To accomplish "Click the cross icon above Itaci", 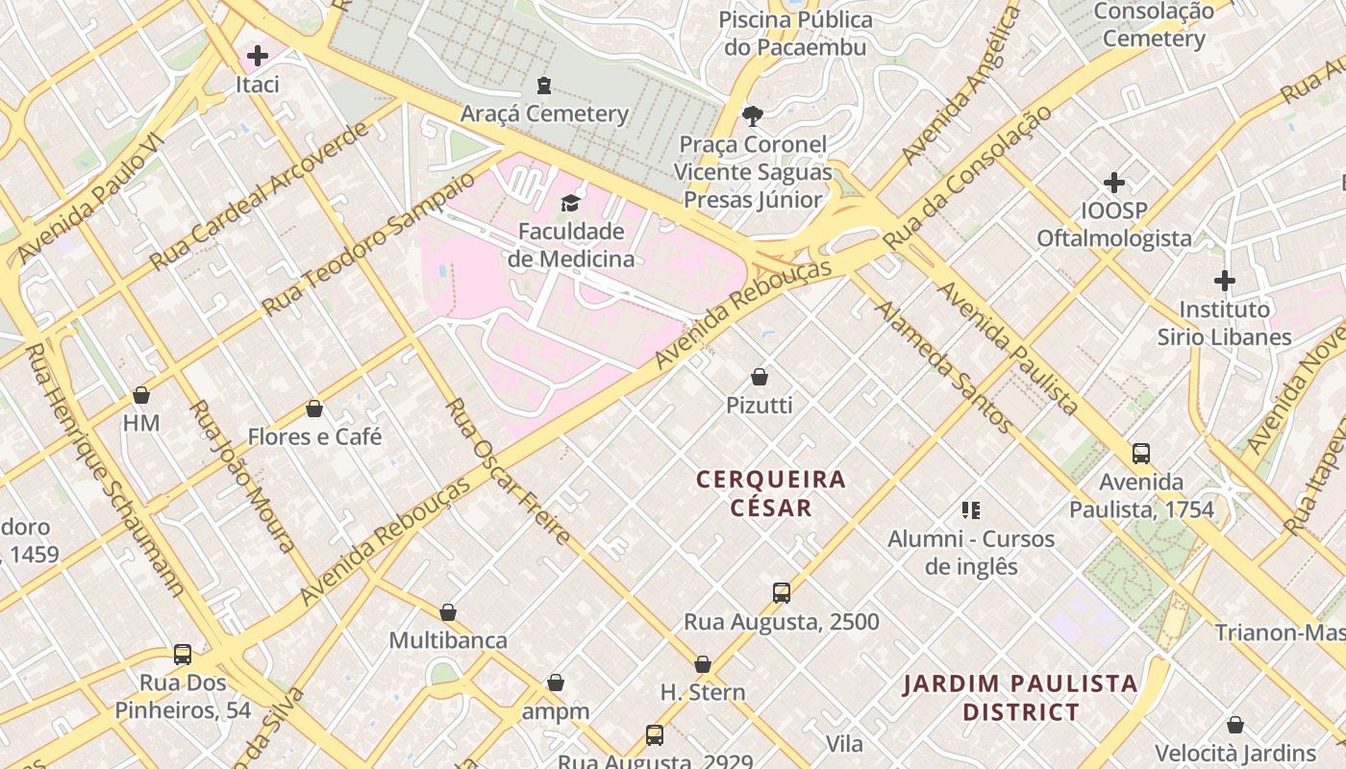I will click(x=258, y=56).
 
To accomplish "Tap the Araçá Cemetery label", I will click(x=544, y=113).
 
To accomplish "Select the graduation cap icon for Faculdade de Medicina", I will click(x=570, y=203).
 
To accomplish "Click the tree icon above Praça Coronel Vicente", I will click(x=752, y=116).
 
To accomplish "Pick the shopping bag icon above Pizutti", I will click(x=760, y=377).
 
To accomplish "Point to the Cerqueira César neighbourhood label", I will click(x=771, y=493).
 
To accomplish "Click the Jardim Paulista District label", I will click(x=1020, y=698).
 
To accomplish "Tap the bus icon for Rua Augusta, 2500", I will click(x=781, y=593).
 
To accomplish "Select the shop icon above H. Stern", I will click(x=703, y=664).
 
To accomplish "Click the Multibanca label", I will click(x=448, y=640).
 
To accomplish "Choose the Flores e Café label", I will click(x=314, y=436).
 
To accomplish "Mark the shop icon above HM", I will click(x=141, y=395).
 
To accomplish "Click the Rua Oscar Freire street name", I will click(x=509, y=472).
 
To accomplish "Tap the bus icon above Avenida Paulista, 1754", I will click(x=1141, y=453).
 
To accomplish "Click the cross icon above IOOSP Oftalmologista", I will click(x=1114, y=183).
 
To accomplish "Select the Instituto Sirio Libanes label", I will click(x=1224, y=323).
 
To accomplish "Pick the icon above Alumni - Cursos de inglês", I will click(x=971, y=509).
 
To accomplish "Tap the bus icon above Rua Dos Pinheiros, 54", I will click(x=183, y=655).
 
